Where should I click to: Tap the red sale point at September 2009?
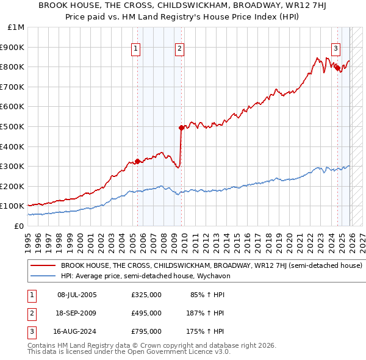pos(181,128)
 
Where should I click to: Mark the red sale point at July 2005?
pos(137,161)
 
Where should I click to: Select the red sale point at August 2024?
pos(337,68)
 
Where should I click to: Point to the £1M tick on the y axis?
pos(16,27)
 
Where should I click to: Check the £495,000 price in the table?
pos(146,313)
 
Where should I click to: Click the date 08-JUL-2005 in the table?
pos(77,295)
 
